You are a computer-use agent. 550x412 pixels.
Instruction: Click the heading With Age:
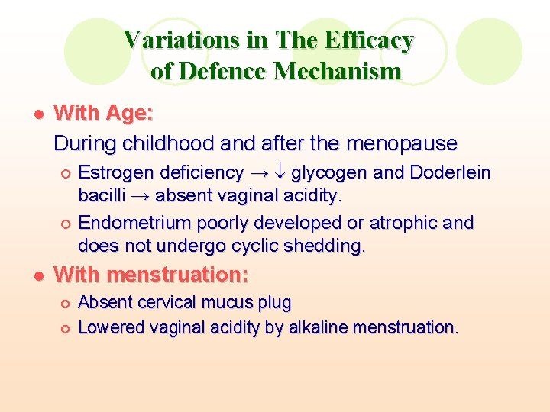click(x=104, y=114)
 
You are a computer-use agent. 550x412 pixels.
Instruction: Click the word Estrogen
click(x=115, y=173)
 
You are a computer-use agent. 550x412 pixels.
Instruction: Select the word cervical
click(x=166, y=303)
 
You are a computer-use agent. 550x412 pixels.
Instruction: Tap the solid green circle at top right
click(x=489, y=51)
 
